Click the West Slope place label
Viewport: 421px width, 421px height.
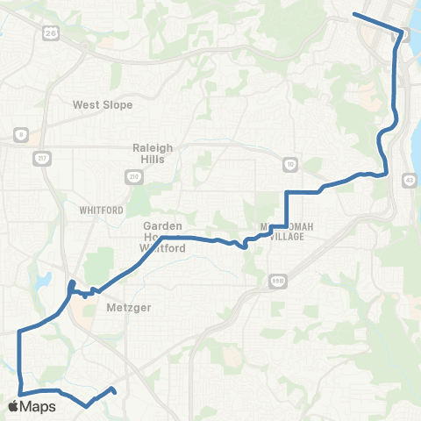coord(103,104)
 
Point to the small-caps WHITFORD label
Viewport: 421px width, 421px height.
coord(96,210)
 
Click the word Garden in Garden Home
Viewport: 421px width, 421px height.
coord(162,225)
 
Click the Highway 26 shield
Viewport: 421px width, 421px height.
coord(49,32)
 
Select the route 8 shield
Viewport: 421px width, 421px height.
coord(18,134)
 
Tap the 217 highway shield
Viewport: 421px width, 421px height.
coord(44,158)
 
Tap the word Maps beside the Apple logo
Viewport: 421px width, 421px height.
coord(39,406)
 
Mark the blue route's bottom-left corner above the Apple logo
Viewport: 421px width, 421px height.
coord(19,392)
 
